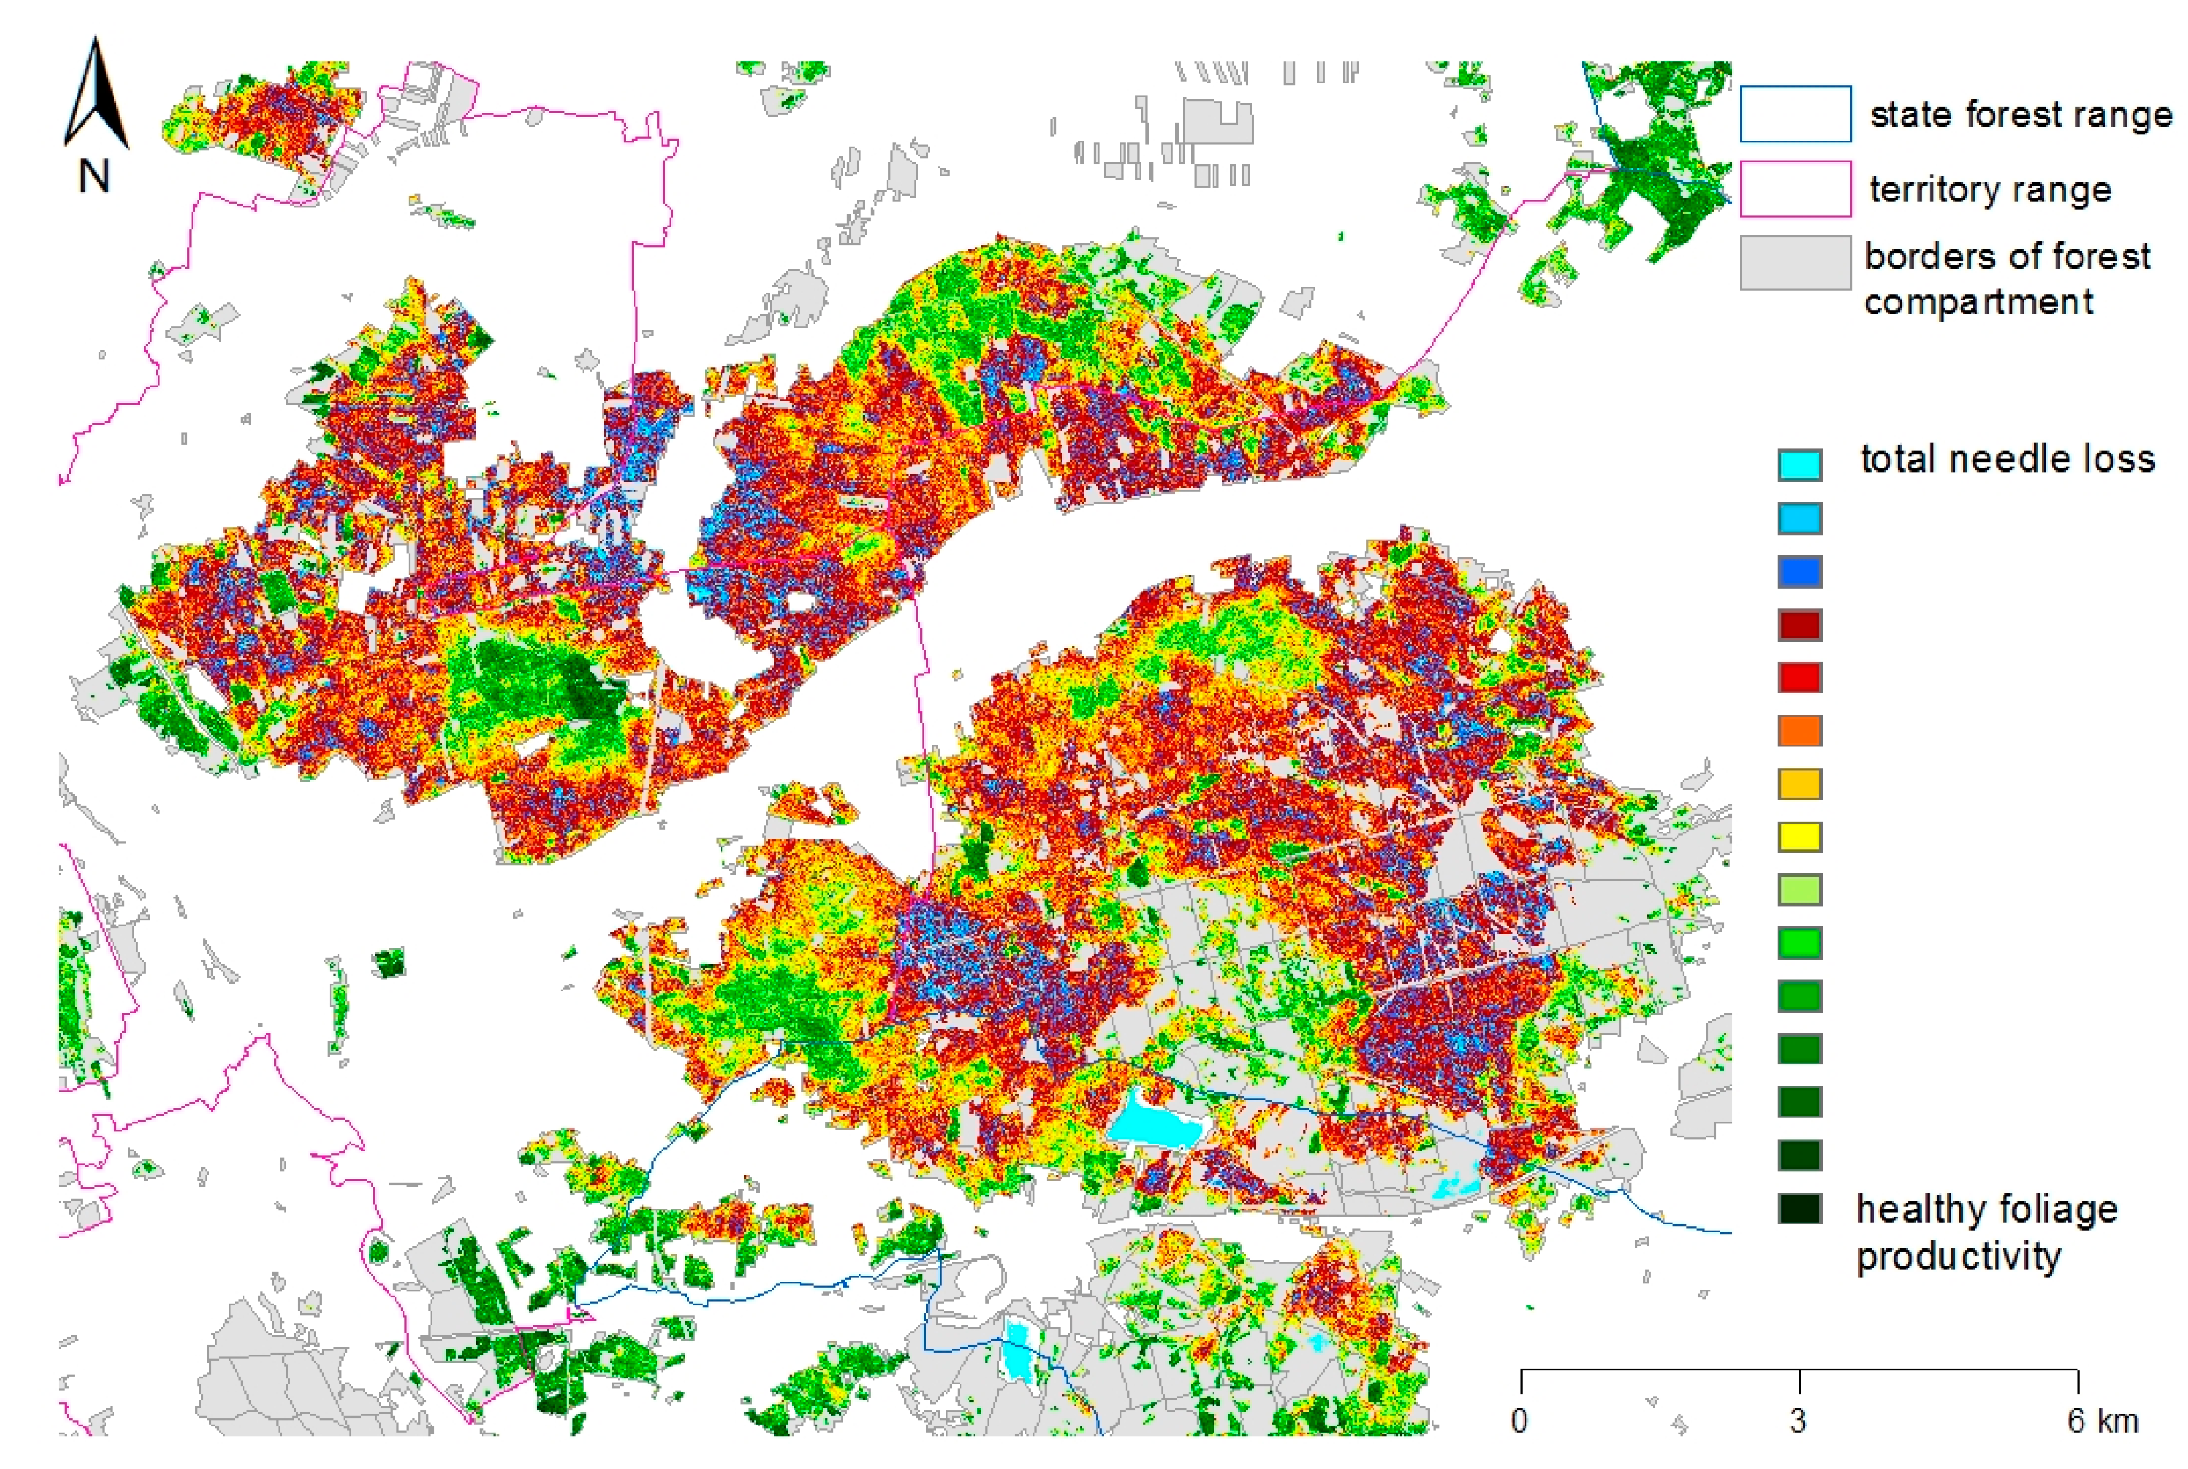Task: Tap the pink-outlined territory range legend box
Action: click(x=1795, y=189)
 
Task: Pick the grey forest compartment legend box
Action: click(x=1795, y=262)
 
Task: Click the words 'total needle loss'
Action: click(x=2006, y=459)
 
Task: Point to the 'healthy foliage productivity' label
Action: click(x=1985, y=1232)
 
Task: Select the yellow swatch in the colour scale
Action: click(x=1799, y=836)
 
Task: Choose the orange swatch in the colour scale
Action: click(x=1799, y=731)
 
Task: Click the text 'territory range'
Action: click(x=1990, y=189)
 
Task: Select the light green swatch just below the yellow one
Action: click(x=1799, y=890)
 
